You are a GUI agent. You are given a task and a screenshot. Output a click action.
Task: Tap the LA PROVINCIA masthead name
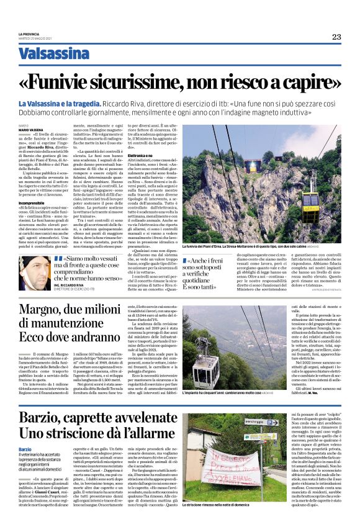click(29, 34)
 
